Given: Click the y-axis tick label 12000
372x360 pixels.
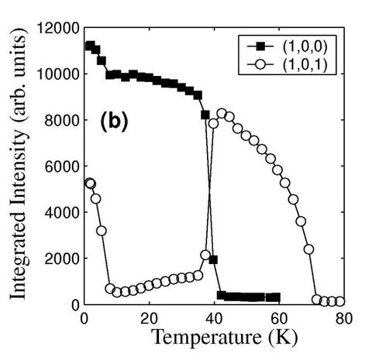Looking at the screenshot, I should point(57,29).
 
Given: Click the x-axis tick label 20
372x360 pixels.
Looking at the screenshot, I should point(149,318).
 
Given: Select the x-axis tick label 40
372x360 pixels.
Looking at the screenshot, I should point(214,318).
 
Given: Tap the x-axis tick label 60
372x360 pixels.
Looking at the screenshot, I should point(279,318).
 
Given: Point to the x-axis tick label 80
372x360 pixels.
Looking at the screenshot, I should point(343,318).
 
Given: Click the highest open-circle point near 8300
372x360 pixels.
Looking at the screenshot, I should point(222,113).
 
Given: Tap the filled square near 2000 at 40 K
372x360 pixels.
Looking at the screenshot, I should point(213,260).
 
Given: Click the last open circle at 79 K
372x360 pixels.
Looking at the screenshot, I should point(339,301).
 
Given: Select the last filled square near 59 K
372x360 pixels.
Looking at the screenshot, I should point(275,297).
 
